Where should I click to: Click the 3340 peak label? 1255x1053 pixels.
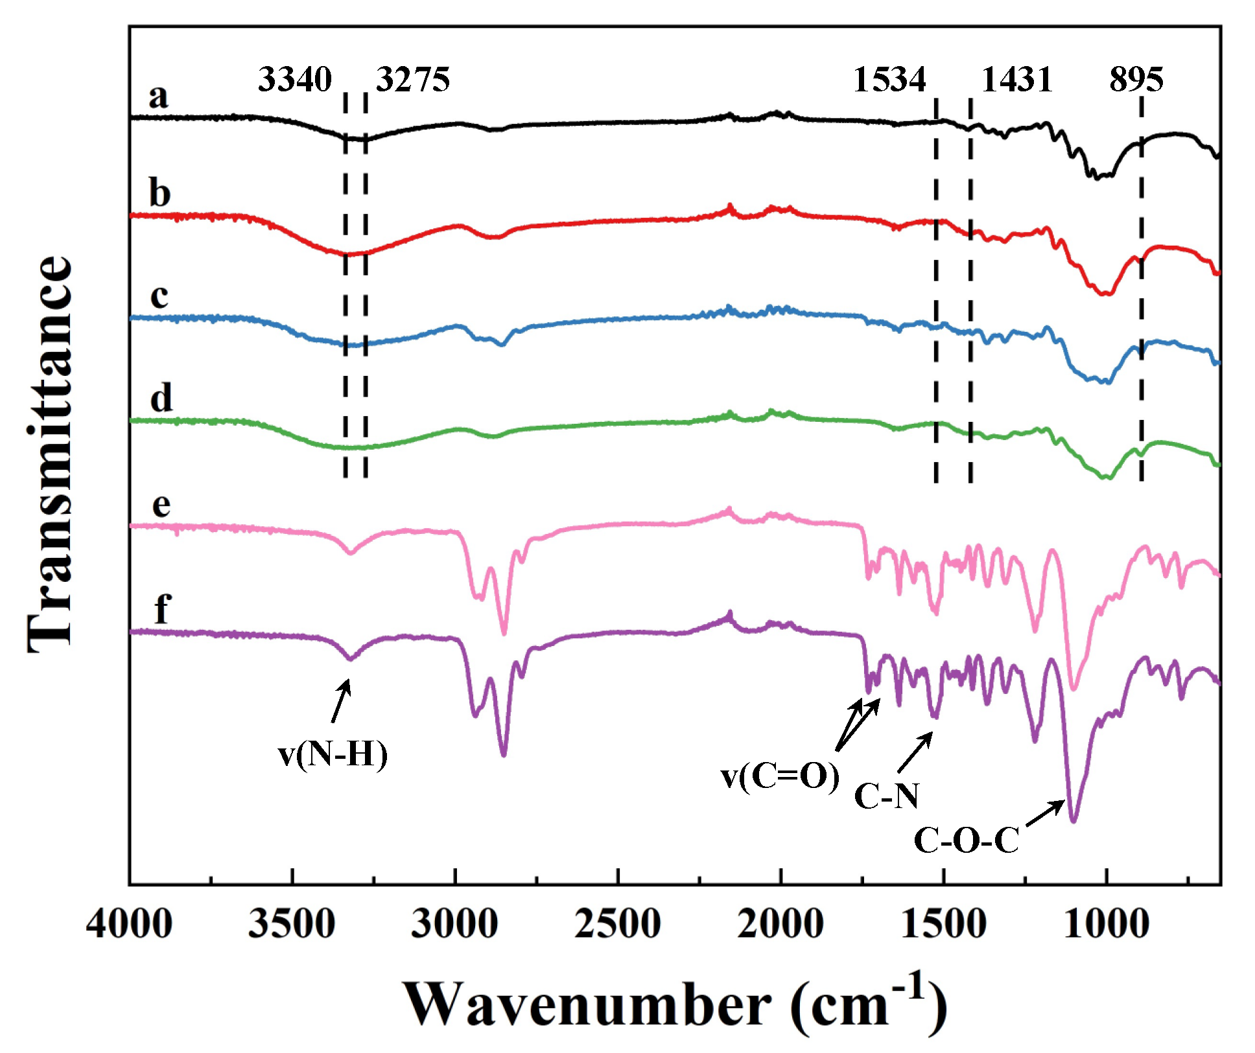295,79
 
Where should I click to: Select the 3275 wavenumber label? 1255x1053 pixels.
413,79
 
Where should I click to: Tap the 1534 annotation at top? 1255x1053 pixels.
889,79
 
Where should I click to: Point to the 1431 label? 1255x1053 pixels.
1016,79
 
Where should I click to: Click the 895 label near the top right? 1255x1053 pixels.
1136,79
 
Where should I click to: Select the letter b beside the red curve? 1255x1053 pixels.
159,192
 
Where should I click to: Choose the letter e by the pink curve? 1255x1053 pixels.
161,504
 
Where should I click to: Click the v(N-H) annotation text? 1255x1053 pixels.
333,754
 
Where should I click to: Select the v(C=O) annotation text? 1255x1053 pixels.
780,776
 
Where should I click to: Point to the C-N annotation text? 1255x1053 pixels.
886,795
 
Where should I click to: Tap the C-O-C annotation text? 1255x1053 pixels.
966,840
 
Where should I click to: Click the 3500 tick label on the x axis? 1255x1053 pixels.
292,923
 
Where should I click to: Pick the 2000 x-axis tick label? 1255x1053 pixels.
780,923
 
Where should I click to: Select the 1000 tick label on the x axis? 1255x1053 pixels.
1106,923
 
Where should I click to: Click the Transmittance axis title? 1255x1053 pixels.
50,454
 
